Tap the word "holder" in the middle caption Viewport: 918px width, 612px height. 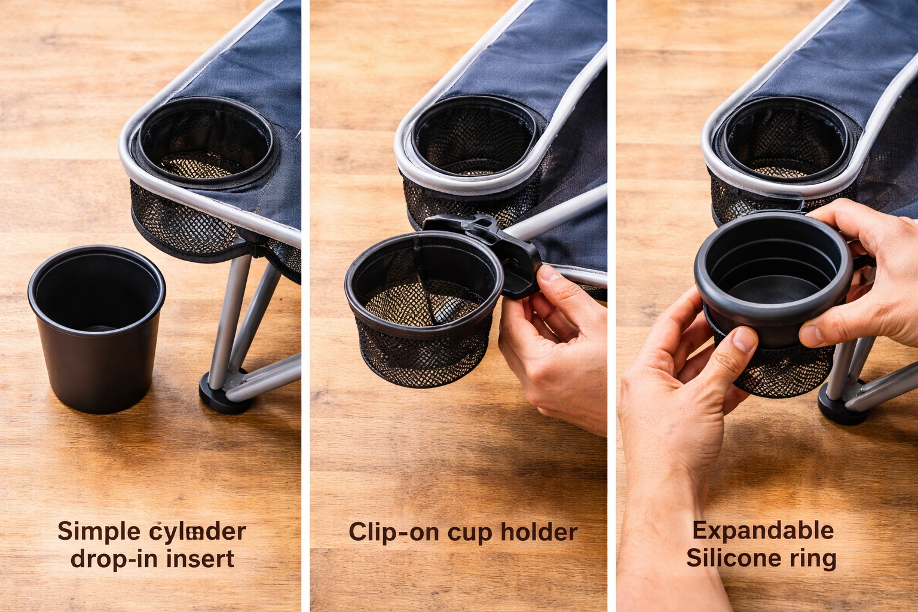538,531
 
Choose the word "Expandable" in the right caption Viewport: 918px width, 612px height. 763,530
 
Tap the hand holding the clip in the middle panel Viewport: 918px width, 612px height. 553,347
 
